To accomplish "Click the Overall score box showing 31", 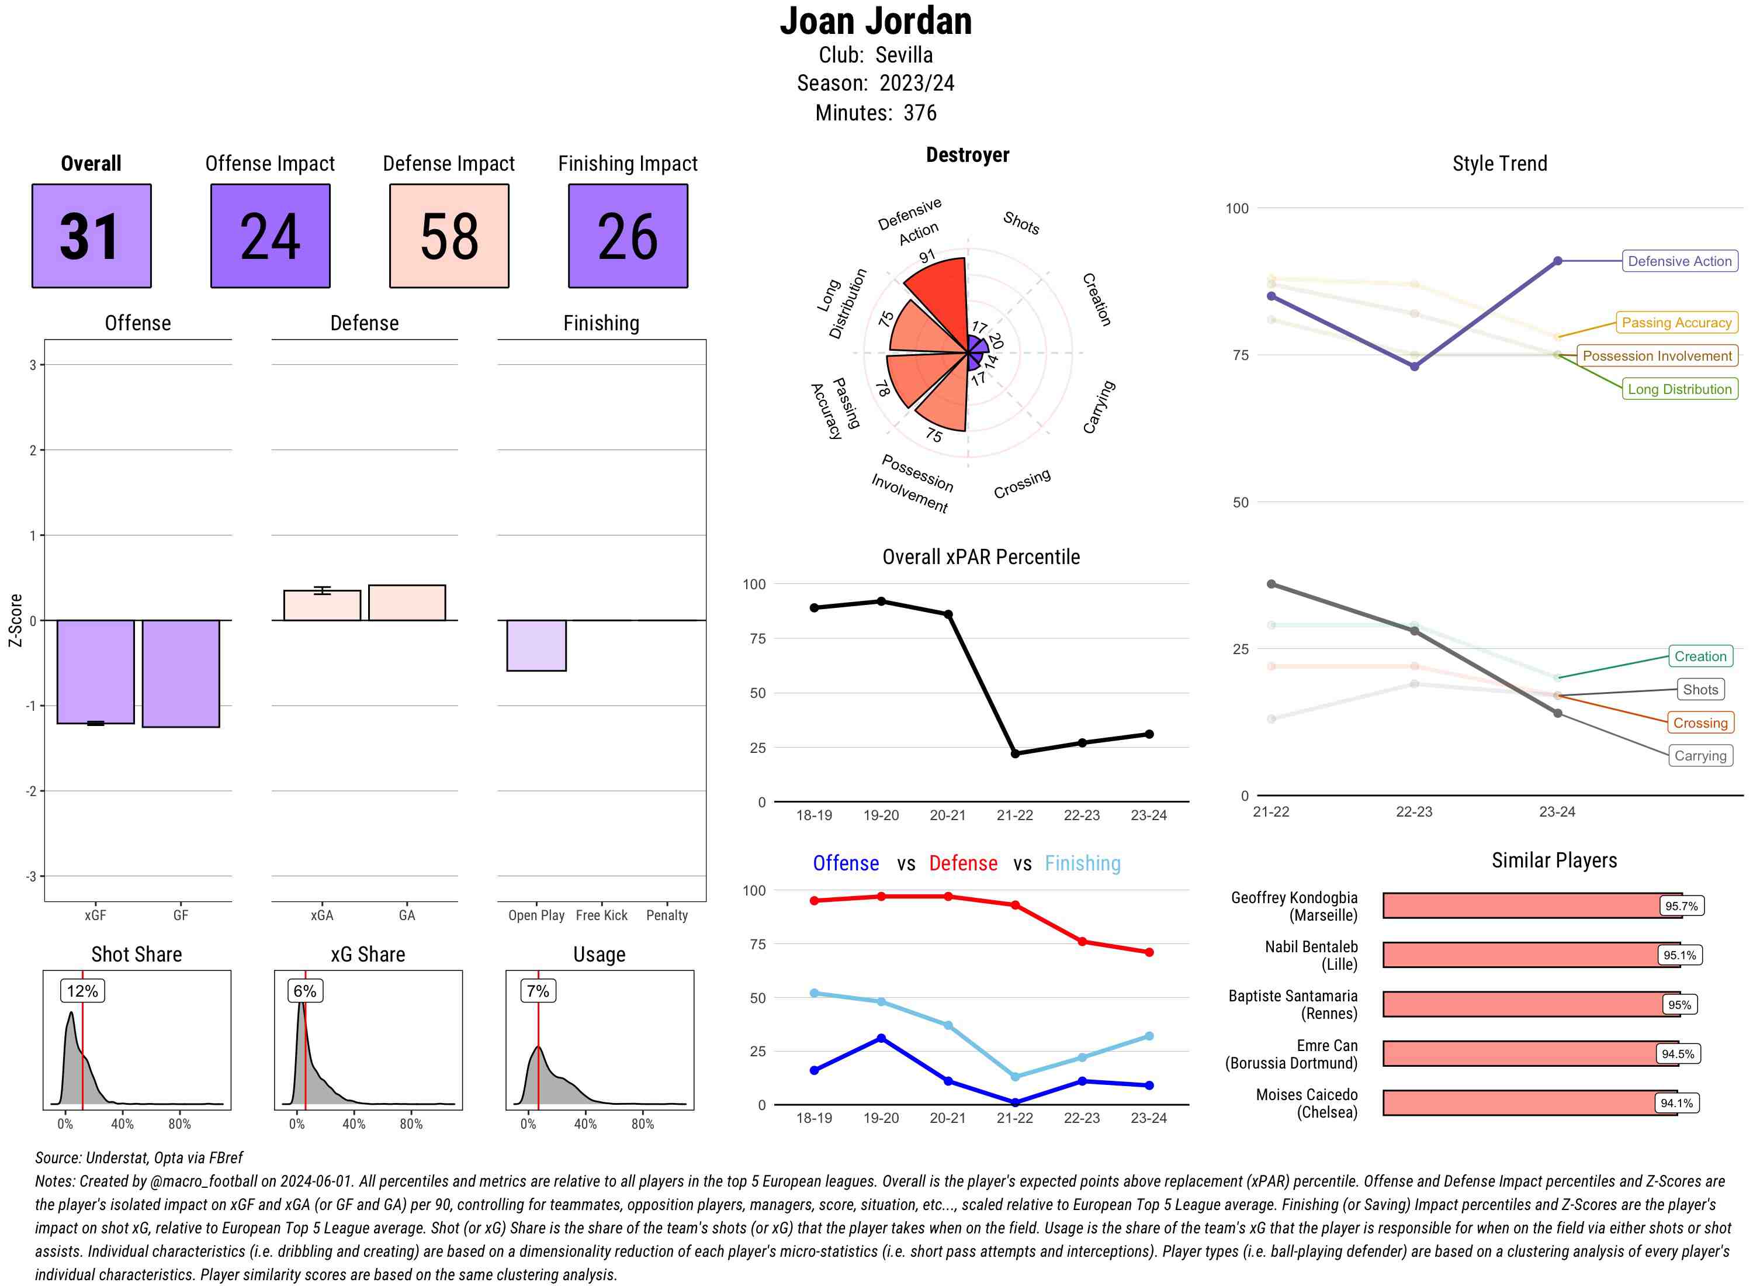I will (91, 236).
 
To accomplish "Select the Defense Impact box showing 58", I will (449, 236).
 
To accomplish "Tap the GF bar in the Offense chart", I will (181, 673).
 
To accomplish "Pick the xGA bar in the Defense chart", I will (322, 606).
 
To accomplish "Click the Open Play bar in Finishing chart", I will (536, 645).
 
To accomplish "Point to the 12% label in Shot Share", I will (82, 991).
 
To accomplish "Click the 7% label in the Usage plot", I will (538, 991).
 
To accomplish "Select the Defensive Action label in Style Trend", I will (1679, 261).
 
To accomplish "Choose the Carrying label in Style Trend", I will (1699, 756).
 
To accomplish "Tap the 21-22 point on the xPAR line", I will (1014, 753).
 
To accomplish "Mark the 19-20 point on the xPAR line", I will (881, 601).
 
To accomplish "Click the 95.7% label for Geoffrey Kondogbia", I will (1681, 906).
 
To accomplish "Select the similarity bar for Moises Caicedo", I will (1529, 1103).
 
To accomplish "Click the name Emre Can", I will (1326, 1045).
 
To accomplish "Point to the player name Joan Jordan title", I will (875, 21).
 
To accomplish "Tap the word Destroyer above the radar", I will (967, 155).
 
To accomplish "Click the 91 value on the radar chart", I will (927, 256).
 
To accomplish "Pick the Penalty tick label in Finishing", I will (667, 915).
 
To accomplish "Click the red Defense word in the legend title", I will (962, 863).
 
